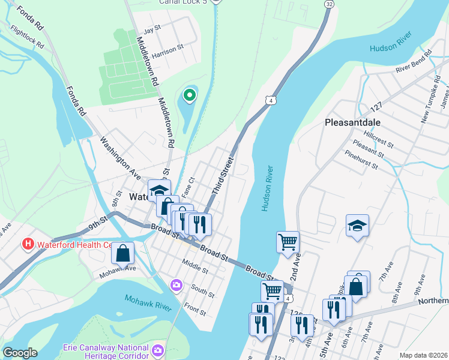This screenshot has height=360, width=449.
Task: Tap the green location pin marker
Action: click(x=190, y=95)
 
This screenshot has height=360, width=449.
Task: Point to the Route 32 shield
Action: click(x=328, y=4)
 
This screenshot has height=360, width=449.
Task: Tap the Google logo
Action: click(x=20, y=353)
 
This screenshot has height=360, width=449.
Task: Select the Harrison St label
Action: click(x=166, y=54)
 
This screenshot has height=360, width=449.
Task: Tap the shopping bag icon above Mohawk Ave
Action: click(x=122, y=253)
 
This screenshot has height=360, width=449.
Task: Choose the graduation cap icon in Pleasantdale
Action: click(x=357, y=226)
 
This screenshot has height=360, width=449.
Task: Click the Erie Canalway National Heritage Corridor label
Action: click(x=106, y=352)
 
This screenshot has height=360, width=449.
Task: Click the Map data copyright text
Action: click(x=423, y=355)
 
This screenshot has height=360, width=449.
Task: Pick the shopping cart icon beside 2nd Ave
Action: click(x=288, y=242)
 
